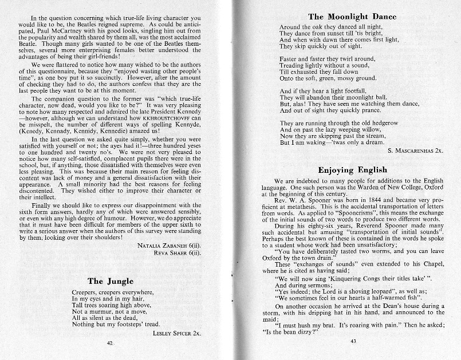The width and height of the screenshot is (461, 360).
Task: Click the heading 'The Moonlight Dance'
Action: tap(352, 17)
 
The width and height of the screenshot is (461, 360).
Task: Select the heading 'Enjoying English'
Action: tap(352, 170)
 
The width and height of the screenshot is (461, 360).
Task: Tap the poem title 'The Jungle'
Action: tap(111, 281)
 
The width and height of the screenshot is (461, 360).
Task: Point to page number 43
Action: tap(353, 342)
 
